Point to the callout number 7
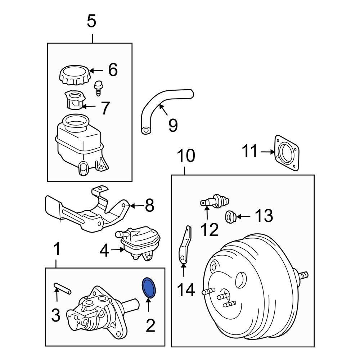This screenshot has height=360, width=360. (x=104, y=108)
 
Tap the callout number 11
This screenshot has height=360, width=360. (x=250, y=152)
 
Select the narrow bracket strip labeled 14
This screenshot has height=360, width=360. (x=184, y=245)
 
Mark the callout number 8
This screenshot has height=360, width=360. (x=149, y=206)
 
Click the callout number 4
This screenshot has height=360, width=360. (x=104, y=251)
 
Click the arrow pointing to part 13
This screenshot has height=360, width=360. (x=243, y=217)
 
